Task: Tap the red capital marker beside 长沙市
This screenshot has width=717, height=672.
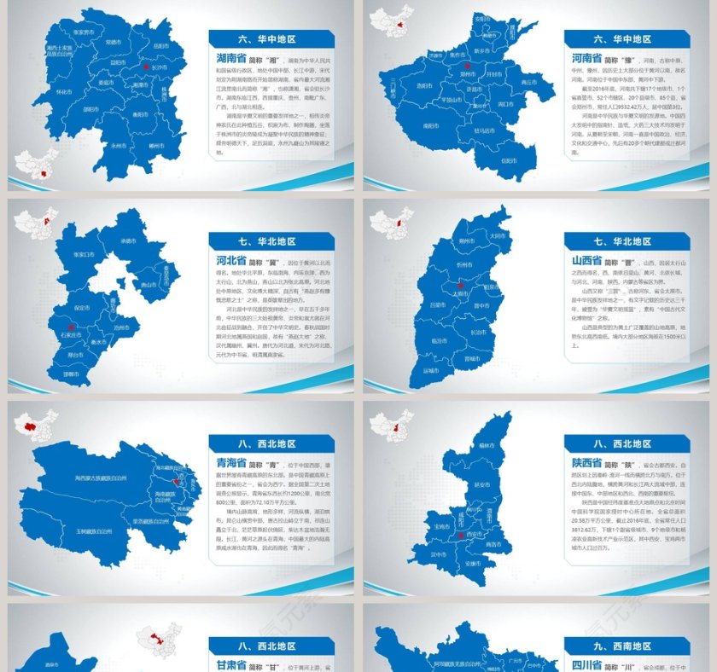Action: coord(146,67)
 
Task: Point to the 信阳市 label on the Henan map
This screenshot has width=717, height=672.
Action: coord(486,161)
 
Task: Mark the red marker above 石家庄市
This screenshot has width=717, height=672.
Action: coord(73,325)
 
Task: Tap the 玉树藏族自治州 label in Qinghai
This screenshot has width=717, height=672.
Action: coord(80,530)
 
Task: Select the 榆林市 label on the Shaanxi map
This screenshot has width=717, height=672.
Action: coord(487,444)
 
